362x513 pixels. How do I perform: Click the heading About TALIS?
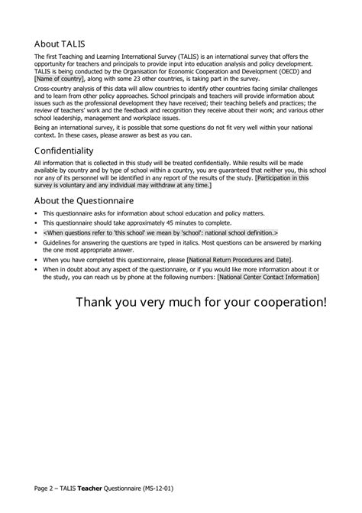click(66, 43)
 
